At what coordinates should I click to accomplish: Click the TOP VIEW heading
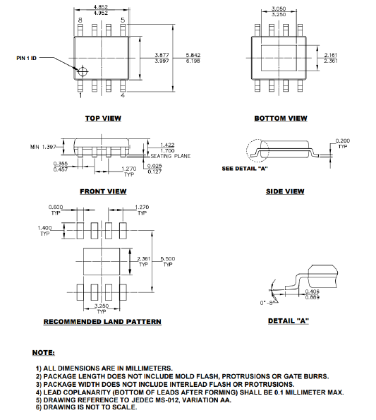coord(102,119)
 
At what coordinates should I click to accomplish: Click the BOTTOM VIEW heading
coord(281,119)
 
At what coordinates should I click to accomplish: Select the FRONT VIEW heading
coord(102,191)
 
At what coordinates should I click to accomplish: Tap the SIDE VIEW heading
coord(285,191)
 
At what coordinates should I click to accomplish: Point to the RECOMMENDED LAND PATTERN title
coord(102,322)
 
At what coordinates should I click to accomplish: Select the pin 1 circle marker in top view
coord(83,71)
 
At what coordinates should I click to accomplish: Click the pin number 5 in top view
coord(123,21)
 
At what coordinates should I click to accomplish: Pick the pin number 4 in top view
coord(123,95)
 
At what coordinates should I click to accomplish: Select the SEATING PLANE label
coord(167,155)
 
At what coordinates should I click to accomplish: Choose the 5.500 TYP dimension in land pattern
coord(168,261)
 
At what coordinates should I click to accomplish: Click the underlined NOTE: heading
coord(44,352)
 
